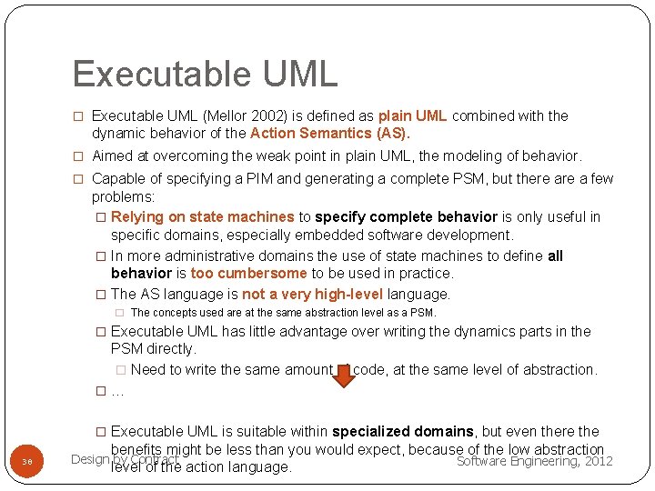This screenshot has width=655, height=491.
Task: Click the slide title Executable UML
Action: coord(205,74)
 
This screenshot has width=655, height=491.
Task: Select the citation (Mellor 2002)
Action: coord(223,116)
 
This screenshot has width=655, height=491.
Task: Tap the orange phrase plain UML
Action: coord(412,116)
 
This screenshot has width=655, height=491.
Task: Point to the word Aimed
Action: coord(112,156)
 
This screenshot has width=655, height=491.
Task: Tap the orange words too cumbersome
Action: coord(248,274)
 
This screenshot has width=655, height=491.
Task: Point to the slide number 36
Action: coord(27,462)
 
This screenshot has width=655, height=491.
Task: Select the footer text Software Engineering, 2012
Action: coord(534,461)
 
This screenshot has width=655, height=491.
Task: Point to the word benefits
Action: coord(138,449)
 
